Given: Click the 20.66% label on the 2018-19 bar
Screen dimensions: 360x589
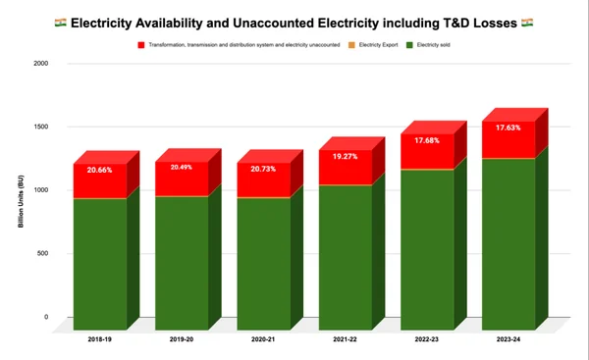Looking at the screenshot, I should click(99, 170).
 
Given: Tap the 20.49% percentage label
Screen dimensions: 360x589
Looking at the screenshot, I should click(182, 167).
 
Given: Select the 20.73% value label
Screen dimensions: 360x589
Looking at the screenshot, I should click(263, 170).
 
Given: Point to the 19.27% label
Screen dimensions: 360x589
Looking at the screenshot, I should click(345, 156).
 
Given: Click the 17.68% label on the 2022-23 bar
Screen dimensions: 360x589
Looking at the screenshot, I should click(427, 139).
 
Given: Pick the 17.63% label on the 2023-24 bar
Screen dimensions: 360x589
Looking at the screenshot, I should click(509, 127).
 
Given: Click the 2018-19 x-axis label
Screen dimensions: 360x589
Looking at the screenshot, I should click(99, 342).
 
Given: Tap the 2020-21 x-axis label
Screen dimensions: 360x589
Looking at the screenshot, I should click(263, 342).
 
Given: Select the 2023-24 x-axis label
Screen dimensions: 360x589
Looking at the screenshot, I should click(509, 342).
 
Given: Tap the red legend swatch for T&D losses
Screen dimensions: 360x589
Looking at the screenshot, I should click(142, 43).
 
